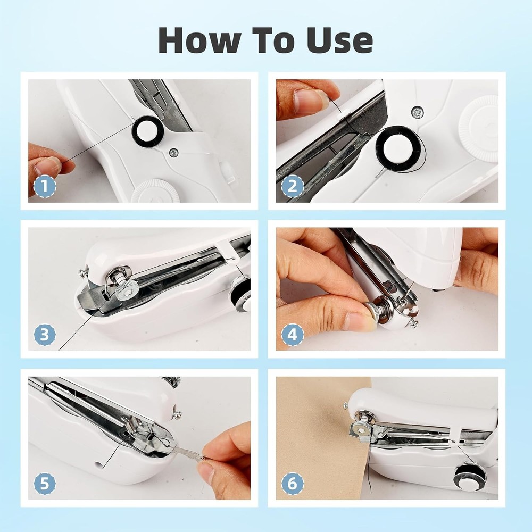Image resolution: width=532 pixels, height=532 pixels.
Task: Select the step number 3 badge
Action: pos(45,335)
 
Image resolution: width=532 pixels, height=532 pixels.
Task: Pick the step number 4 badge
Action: pos(292,335)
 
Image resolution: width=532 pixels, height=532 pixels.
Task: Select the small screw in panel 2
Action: pos(418,112)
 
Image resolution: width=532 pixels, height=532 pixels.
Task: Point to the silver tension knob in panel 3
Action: pos(127,288)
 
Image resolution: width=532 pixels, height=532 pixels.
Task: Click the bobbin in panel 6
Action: pos(470,476)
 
